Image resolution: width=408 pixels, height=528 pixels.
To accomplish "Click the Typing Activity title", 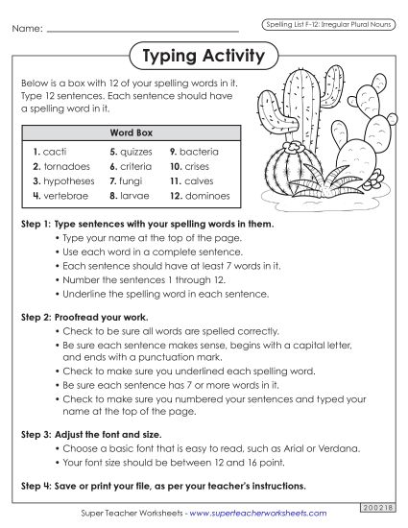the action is pos(203,56).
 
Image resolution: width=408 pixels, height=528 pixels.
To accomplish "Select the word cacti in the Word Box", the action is pos(54,152).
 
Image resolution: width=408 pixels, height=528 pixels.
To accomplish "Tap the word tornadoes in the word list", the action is pos(63,166).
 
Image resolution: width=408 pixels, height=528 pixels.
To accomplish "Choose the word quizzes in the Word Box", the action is pos(136,152).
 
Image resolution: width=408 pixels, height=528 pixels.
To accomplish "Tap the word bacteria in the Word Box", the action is pos(201,152).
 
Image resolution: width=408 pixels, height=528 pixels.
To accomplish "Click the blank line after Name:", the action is pos(144,30).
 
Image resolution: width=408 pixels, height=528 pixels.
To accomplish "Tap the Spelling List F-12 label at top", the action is pos(325,22).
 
